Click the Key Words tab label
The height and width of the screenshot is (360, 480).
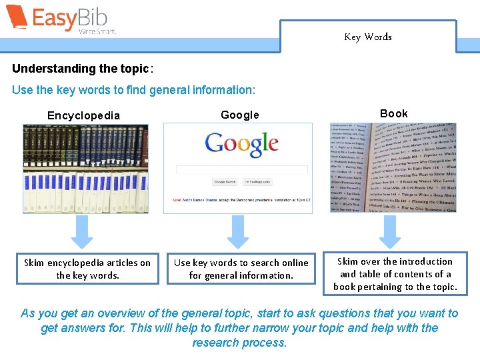[x=368, y=37]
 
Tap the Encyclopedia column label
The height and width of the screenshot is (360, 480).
[x=83, y=115]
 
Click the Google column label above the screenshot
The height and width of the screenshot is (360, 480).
[x=240, y=115]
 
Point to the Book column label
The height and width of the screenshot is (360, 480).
[x=393, y=113]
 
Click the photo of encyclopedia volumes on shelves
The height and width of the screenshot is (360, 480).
[x=86, y=168]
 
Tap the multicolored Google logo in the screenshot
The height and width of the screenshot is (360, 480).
[x=241, y=144]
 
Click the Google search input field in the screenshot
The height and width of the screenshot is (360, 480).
[x=241, y=169]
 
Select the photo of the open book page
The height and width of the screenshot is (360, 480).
[x=393, y=167]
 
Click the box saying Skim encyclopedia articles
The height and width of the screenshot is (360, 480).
[x=87, y=269]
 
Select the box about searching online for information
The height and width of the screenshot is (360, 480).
[x=241, y=269]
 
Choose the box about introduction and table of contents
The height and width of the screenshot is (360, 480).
[x=395, y=274]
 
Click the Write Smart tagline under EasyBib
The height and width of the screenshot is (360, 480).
[x=97, y=31]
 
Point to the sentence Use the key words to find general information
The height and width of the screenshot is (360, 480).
[x=133, y=89]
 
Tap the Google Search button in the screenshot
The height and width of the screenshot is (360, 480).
[x=225, y=182]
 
